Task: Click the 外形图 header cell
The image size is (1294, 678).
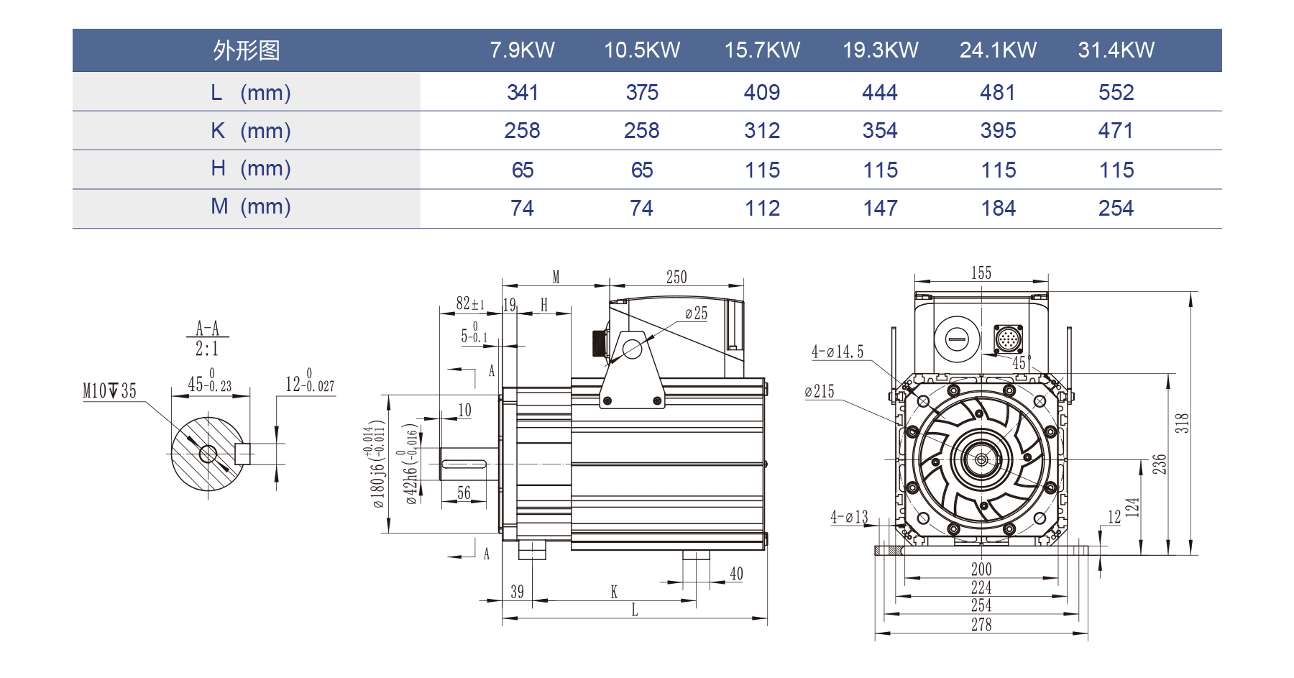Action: click(x=246, y=50)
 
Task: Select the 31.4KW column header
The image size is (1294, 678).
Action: click(x=1116, y=50)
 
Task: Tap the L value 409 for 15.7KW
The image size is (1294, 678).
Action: click(x=761, y=92)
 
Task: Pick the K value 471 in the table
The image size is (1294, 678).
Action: click(x=1116, y=130)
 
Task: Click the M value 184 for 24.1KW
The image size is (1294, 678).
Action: click(x=998, y=209)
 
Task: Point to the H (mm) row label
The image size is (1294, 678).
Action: click(x=250, y=168)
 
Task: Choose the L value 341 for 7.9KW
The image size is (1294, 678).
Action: click(x=523, y=92)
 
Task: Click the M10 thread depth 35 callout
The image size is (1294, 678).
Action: click(x=109, y=390)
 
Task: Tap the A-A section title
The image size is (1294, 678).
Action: click(x=207, y=329)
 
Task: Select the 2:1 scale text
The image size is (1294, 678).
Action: click(x=207, y=349)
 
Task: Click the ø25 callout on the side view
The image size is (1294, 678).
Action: click(x=696, y=313)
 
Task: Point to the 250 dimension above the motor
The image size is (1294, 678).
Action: click(x=676, y=278)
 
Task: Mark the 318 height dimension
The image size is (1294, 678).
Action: click(x=1182, y=423)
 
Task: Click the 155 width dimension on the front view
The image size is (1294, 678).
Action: click(x=981, y=273)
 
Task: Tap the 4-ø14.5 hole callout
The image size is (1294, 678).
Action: click(x=837, y=352)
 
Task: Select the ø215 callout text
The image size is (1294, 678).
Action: click(x=820, y=391)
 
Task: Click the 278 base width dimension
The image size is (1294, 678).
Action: click(x=981, y=625)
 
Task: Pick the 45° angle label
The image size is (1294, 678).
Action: click(x=1021, y=363)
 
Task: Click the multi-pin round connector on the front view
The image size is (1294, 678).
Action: click(x=1008, y=339)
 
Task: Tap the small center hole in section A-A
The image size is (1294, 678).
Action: click(x=208, y=454)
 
